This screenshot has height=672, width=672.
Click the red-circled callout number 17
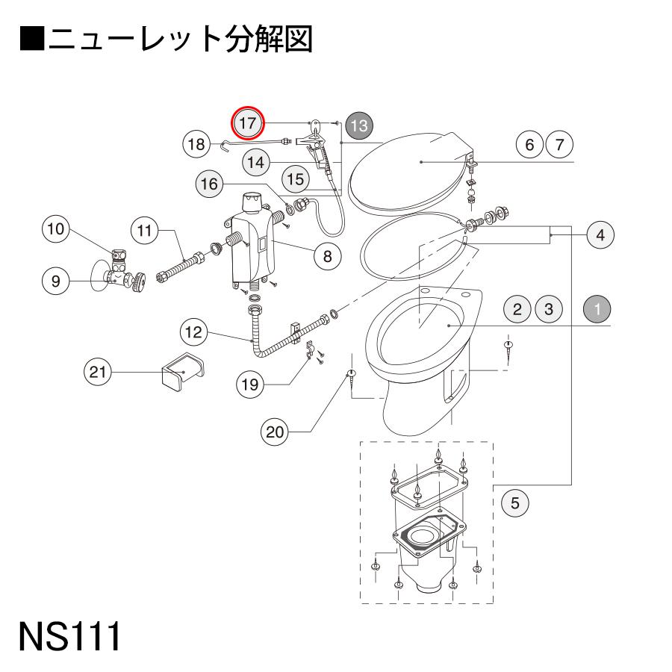[x=247, y=122]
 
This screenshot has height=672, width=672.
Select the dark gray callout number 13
[x=358, y=125]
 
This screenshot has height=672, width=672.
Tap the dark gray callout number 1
[x=597, y=308]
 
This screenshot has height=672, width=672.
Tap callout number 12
[x=194, y=332]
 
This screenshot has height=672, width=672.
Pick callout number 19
[x=252, y=385]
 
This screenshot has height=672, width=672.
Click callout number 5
[x=515, y=504]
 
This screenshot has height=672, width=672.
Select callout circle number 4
[x=600, y=234]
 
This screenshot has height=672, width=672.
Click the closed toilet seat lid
[x=411, y=168]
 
